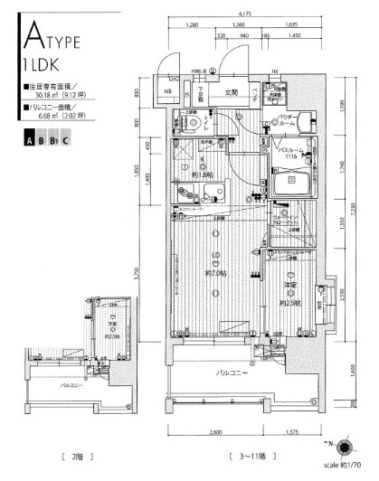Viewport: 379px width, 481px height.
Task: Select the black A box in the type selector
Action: [30, 140]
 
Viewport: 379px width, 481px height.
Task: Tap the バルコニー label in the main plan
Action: [233, 371]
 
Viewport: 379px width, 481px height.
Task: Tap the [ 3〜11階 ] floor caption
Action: [252, 457]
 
